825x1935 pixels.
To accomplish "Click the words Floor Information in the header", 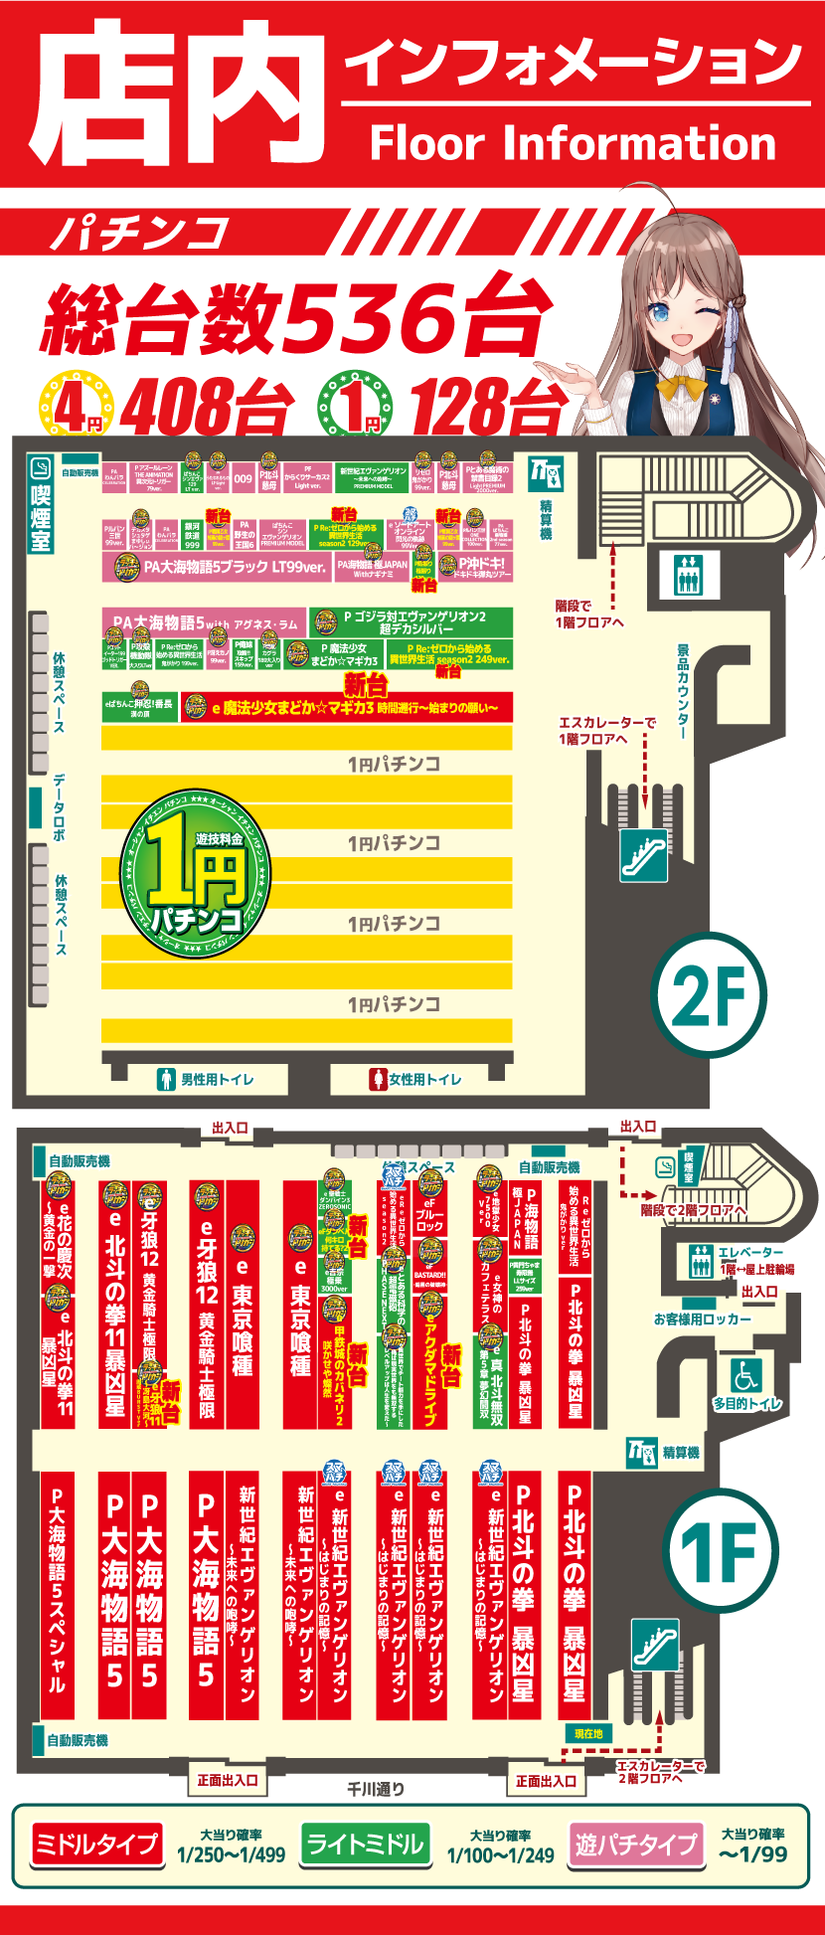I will [573, 143].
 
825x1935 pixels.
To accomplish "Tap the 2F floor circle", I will [709, 995].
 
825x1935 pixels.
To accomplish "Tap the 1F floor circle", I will [721, 1550].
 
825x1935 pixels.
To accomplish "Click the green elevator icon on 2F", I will [689, 574].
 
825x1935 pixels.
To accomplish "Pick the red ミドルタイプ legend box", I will [95, 1845].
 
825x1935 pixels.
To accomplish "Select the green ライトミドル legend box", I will [365, 1845].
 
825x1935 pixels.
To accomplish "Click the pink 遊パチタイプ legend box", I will [635, 1845].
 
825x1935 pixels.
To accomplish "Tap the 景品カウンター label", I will [683, 692].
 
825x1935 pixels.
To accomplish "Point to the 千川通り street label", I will [376, 1789].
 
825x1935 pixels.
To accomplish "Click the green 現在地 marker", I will [588, 1733].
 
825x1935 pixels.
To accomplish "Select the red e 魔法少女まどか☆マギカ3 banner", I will [347, 708].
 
